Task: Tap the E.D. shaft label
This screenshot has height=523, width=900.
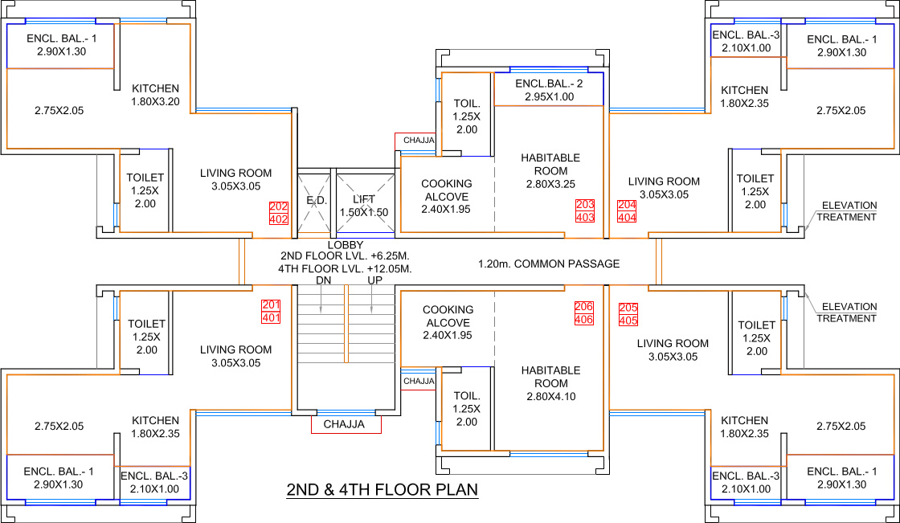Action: click(x=317, y=200)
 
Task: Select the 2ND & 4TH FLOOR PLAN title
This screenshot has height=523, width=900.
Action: click(x=382, y=490)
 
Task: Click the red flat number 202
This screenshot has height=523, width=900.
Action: click(x=279, y=206)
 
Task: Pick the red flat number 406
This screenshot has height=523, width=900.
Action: click(x=583, y=320)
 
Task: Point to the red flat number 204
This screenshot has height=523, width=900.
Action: click(x=627, y=205)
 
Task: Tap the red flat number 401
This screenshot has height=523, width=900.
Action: click(x=271, y=318)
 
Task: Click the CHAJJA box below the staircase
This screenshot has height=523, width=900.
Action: click(x=346, y=424)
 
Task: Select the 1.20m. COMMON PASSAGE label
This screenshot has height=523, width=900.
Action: click(x=550, y=264)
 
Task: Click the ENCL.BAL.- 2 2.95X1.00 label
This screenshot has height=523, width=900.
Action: click(x=549, y=90)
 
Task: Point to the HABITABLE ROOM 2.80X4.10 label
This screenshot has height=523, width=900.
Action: click(x=550, y=383)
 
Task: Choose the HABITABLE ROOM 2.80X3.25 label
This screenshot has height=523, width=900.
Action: click(x=550, y=171)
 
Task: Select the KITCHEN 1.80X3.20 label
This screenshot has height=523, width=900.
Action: click(x=156, y=96)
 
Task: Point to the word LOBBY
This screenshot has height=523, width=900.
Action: click(x=346, y=245)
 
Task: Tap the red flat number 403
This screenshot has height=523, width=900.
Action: click(x=586, y=218)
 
